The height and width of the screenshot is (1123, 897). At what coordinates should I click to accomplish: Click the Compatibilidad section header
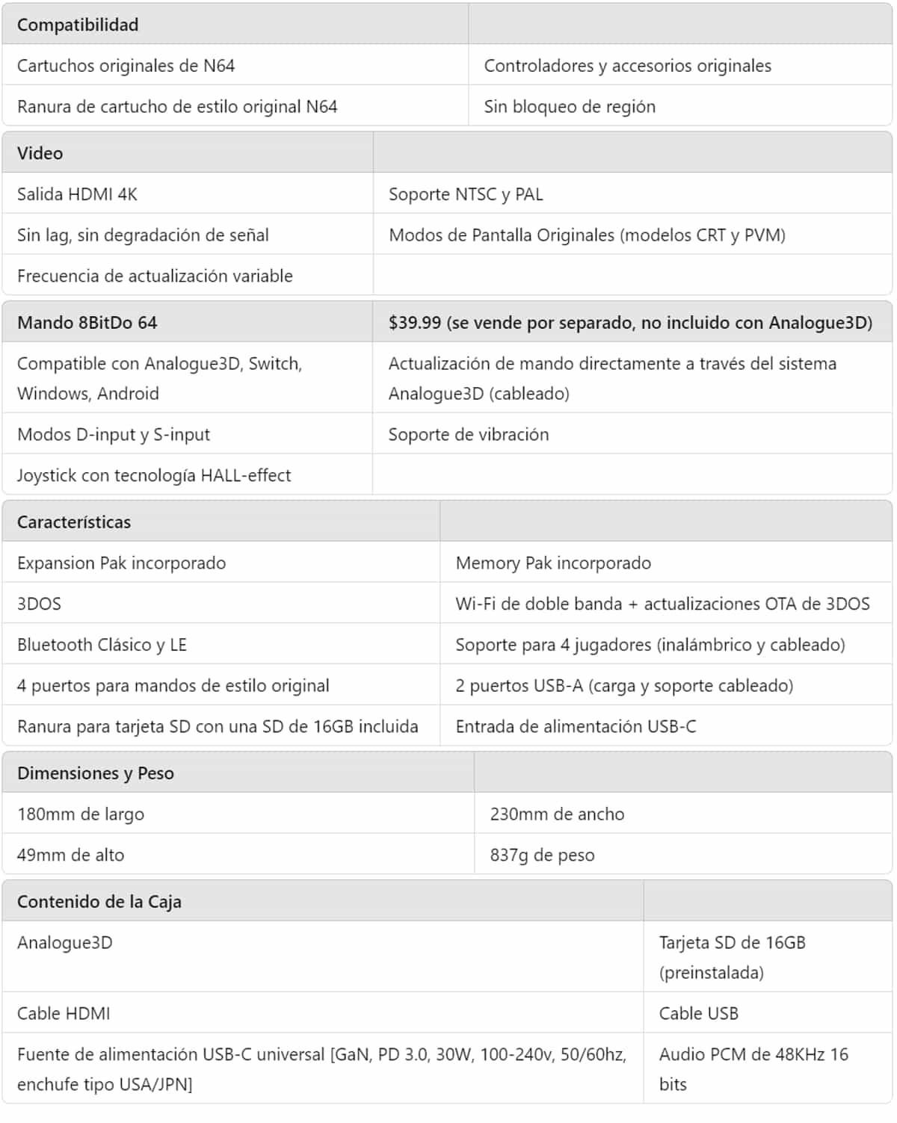click(x=78, y=25)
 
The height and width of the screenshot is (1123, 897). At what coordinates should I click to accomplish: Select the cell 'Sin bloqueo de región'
click(x=570, y=106)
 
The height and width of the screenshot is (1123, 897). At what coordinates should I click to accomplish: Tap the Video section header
click(x=40, y=153)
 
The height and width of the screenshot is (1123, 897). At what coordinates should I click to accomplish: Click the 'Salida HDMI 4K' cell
click(x=77, y=194)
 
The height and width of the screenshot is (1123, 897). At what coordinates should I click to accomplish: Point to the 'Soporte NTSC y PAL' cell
click(x=466, y=194)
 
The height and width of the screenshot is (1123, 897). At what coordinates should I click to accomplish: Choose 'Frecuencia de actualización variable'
click(x=155, y=276)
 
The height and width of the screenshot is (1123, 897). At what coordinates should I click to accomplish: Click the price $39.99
click(x=415, y=323)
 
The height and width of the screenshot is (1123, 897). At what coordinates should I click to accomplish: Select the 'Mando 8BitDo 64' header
click(x=87, y=323)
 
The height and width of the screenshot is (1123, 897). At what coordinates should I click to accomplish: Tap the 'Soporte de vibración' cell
click(x=469, y=434)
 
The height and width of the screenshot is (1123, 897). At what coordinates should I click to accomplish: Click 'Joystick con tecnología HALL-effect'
click(x=154, y=475)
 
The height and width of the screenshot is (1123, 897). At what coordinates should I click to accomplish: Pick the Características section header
click(x=74, y=522)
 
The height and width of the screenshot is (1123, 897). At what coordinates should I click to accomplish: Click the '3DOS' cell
click(x=39, y=604)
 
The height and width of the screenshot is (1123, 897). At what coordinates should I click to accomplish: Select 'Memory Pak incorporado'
click(x=553, y=563)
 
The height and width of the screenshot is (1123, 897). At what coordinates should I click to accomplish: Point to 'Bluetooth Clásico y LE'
click(x=102, y=645)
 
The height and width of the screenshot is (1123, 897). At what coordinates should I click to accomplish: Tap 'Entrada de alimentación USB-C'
click(x=576, y=726)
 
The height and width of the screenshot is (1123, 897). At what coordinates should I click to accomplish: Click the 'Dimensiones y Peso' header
click(x=96, y=773)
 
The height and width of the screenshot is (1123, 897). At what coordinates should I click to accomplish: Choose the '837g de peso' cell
click(x=542, y=855)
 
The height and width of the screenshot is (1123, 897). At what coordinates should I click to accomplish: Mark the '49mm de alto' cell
click(x=70, y=855)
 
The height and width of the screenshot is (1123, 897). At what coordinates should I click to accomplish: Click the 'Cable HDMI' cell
click(x=64, y=1013)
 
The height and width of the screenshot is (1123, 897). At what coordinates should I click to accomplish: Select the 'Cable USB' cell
click(x=698, y=1013)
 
